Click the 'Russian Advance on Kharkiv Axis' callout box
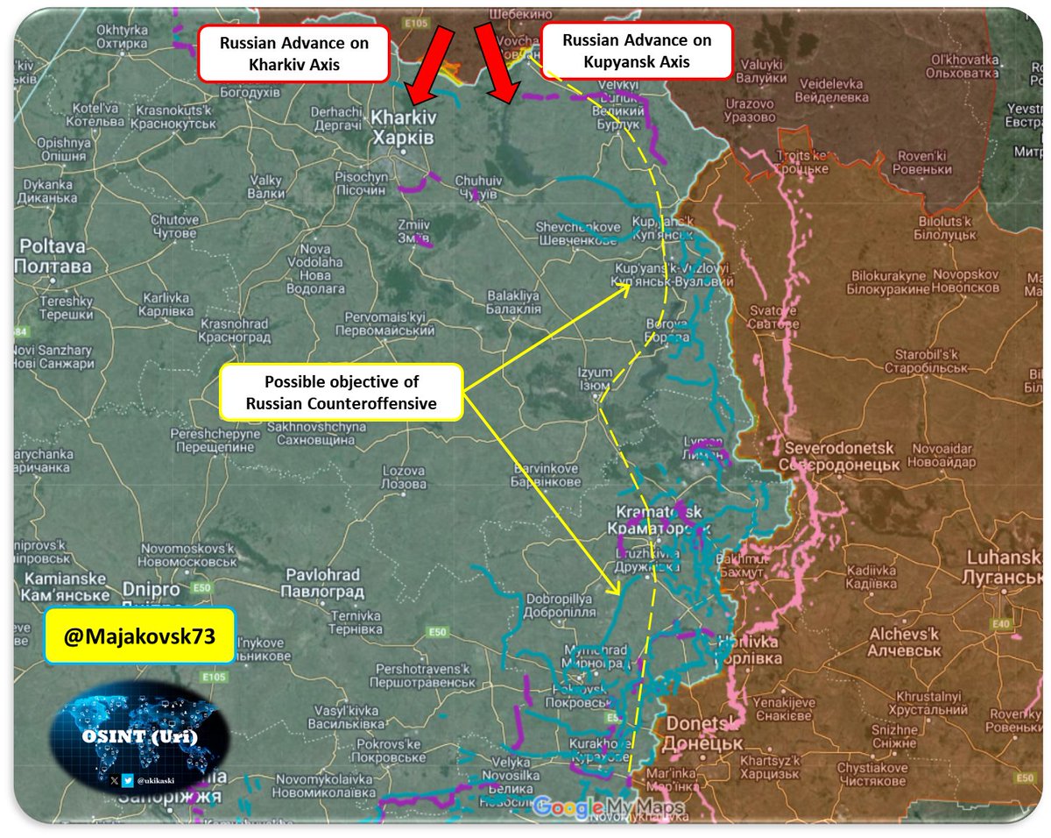coord(294,54)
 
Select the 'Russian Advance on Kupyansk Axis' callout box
coord(637,51)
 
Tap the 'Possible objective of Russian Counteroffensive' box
coord(342,392)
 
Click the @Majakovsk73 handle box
coord(139,635)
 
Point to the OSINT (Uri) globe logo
coord(140,735)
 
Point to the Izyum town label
coord(595,379)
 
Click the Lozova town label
coord(405,478)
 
